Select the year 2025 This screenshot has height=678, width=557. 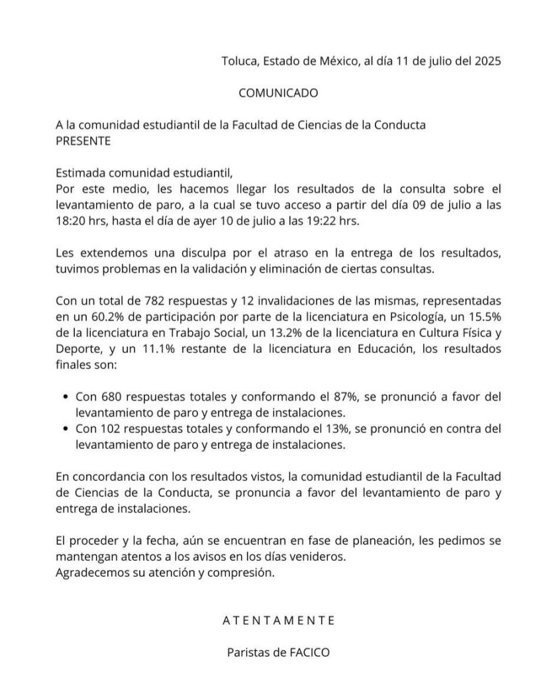pos(487,61)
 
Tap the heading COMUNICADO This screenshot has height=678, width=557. pos(278,93)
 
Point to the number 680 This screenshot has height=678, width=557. pos(111,397)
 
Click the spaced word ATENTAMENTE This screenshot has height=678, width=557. pos(278,620)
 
